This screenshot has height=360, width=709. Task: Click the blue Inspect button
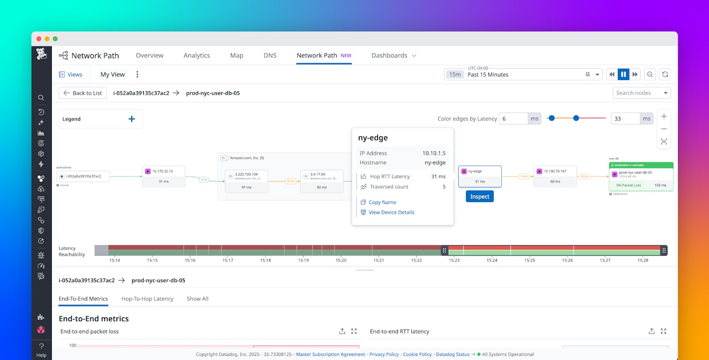[480, 196]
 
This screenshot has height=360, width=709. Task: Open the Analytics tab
[196, 56]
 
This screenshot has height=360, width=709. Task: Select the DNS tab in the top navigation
[270, 56]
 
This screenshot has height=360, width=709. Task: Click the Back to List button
[83, 93]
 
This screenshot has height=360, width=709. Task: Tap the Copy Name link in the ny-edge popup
[382, 203]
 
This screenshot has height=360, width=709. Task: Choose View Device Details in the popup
[391, 213]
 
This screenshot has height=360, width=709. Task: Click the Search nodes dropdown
[641, 93]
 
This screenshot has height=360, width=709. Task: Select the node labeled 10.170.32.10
[164, 176]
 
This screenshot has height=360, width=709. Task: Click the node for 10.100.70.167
[555, 176]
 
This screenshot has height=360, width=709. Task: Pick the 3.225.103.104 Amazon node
[247, 181]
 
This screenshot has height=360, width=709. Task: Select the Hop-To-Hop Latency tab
[147, 299]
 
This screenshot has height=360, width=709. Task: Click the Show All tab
[198, 299]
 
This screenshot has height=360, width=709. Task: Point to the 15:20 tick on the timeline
[341, 260]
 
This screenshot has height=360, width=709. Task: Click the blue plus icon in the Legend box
[132, 119]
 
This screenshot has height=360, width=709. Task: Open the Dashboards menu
[393, 56]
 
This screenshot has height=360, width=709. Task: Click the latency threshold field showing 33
[625, 118]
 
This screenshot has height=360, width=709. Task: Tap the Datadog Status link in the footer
[453, 354]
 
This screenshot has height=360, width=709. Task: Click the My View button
[112, 74]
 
